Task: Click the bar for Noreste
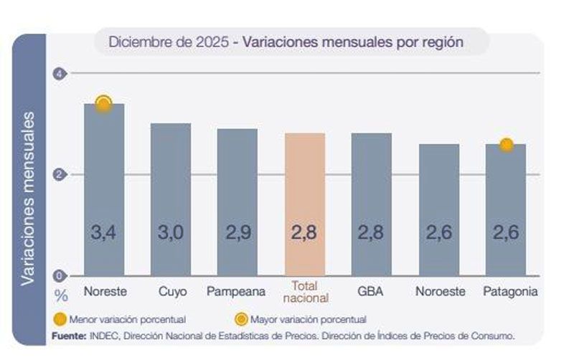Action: (x=104, y=190)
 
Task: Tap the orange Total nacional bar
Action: (x=305, y=204)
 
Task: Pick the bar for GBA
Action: (x=372, y=204)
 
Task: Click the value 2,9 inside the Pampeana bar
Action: (x=237, y=232)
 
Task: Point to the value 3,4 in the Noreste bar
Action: (x=104, y=232)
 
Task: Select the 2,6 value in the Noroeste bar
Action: (x=439, y=232)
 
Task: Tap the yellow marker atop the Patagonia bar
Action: (x=506, y=144)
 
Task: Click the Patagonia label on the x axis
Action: (x=510, y=292)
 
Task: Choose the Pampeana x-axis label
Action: (x=236, y=292)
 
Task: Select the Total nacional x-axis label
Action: (x=305, y=292)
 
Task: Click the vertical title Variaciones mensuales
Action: (x=28, y=197)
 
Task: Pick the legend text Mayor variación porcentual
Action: (x=309, y=319)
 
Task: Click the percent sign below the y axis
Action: (x=62, y=295)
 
